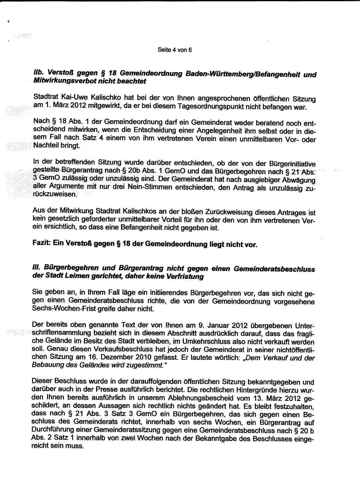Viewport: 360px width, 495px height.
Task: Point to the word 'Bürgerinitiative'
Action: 293,163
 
